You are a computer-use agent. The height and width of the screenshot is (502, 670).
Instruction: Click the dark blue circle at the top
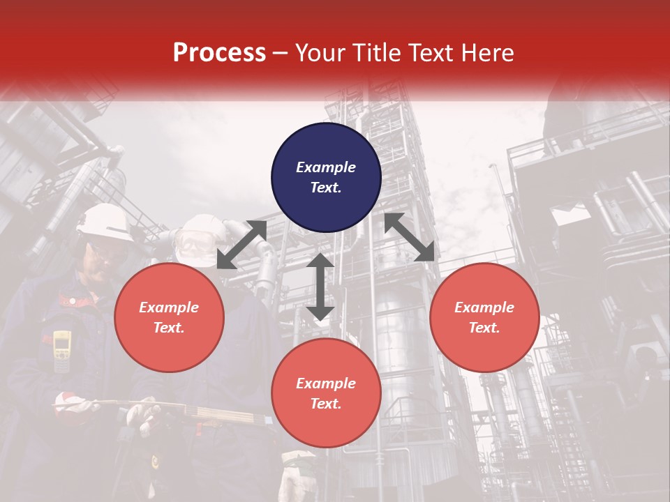[326, 177]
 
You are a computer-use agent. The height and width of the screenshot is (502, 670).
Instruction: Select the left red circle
[169, 317]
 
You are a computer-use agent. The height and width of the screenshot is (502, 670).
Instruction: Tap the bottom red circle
[326, 393]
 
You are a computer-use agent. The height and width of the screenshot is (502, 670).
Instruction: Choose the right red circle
[484, 317]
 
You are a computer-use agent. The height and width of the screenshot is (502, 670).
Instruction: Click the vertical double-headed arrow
[320, 287]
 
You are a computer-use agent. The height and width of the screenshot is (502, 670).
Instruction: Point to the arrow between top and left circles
[241, 244]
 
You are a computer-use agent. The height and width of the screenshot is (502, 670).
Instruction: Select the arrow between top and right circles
[409, 237]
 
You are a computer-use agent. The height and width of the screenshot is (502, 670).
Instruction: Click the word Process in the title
[219, 53]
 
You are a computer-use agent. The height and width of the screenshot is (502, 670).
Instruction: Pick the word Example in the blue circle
[326, 167]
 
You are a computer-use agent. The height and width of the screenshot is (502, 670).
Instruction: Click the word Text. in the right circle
[484, 328]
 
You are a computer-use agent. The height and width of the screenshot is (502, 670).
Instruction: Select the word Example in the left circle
[169, 307]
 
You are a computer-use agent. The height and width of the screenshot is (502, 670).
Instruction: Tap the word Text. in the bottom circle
[326, 404]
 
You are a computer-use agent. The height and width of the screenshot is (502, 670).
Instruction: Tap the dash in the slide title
[281, 53]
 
